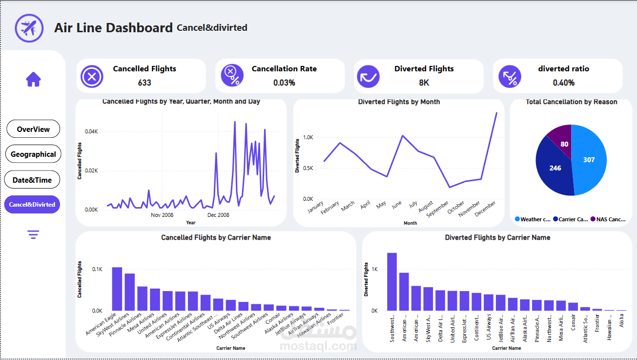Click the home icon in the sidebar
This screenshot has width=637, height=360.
pyautogui.click(x=33, y=79)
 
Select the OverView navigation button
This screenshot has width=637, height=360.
pyautogui.click(x=33, y=129)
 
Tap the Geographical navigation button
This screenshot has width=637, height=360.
pyautogui.click(x=33, y=154)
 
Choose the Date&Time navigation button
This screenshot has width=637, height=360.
pyautogui.click(x=32, y=180)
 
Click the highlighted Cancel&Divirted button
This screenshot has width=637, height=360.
pyautogui.click(x=32, y=205)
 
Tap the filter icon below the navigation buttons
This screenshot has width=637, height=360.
pyautogui.click(x=33, y=235)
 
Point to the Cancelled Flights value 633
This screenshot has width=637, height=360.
pyautogui.click(x=144, y=83)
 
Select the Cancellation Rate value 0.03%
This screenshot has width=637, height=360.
pyautogui.click(x=284, y=83)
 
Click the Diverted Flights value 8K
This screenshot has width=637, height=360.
pyautogui.click(x=424, y=83)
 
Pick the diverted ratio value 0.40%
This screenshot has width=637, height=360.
pyautogui.click(x=564, y=83)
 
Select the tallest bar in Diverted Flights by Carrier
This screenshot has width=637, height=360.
pyautogui.click(x=392, y=282)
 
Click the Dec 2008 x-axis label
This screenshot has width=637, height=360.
pyautogui.click(x=218, y=215)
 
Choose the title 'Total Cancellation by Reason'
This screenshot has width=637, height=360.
pyautogui.click(x=571, y=102)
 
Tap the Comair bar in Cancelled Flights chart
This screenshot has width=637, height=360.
pyautogui.click(x=281, y=308)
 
